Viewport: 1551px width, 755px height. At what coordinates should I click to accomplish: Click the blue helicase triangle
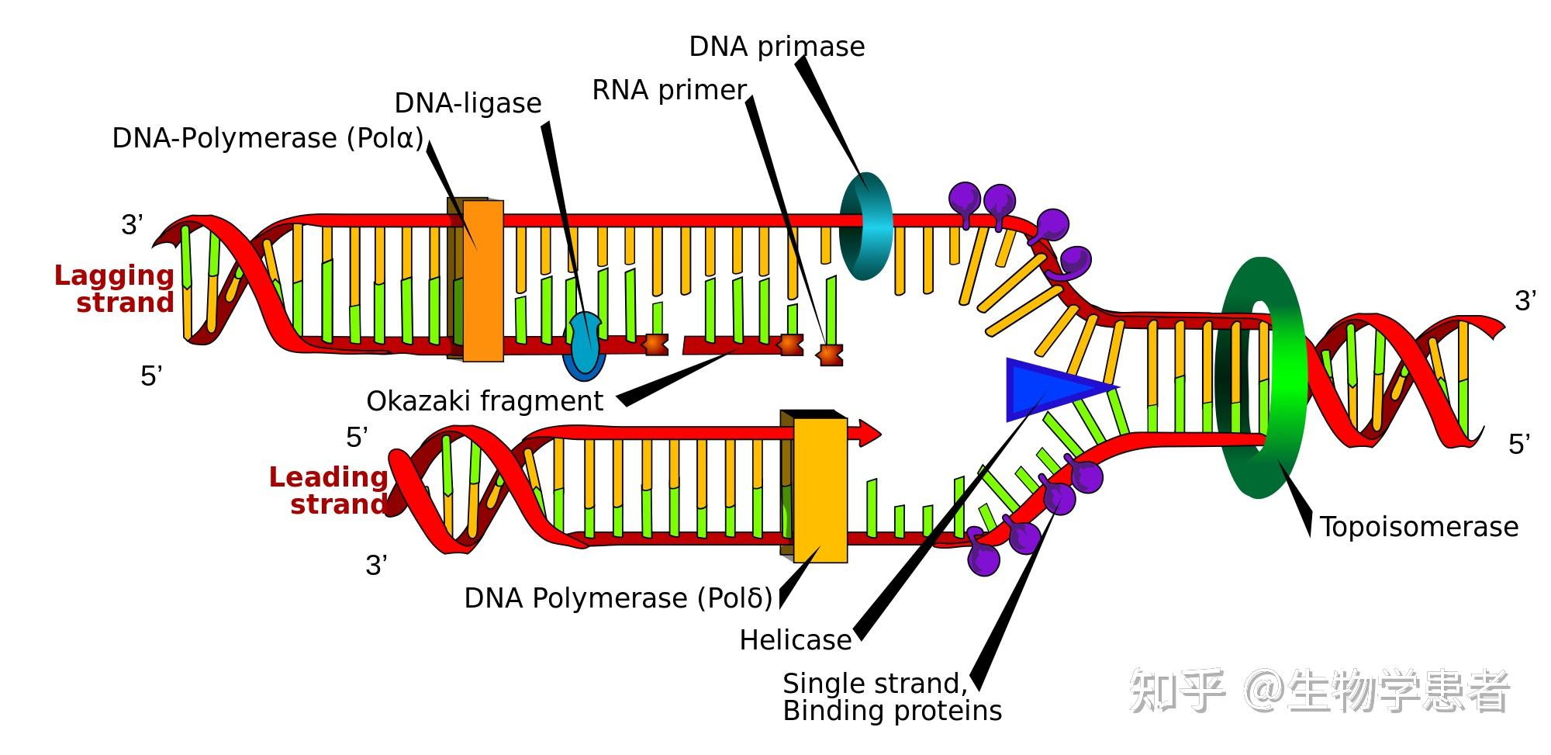(1047, 388)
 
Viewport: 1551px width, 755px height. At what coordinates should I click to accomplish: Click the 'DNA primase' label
(776, 47)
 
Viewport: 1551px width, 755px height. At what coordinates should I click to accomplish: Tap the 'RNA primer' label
(668, 91)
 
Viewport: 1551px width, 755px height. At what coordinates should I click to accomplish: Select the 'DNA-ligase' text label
(468, 104)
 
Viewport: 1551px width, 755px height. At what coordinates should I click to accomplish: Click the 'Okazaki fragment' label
(484, 402)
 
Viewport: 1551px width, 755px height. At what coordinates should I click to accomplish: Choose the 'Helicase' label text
(795, 641)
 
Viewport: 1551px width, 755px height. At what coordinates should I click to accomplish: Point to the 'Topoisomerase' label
(1418, 528)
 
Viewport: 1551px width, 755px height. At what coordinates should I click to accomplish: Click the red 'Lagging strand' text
(115, 289)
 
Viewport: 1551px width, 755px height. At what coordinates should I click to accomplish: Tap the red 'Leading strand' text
(329, 490)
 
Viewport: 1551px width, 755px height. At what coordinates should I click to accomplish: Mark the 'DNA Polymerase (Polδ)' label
(618, 599)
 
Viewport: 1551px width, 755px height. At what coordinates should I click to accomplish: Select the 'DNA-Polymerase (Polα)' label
(268, 139)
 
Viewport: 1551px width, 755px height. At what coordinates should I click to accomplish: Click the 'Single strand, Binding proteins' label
(892, 698)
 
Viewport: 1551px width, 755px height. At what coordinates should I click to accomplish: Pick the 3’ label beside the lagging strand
(132, 225)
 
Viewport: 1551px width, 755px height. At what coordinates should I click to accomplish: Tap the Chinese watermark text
(1318, 691)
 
